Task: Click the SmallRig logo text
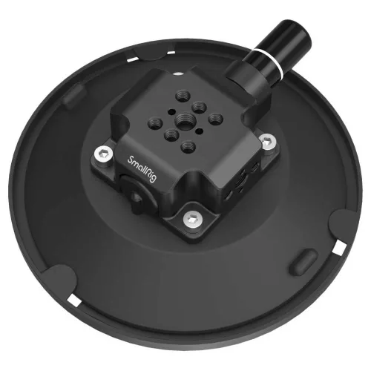coord(142,169)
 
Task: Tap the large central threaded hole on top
coord(185,120)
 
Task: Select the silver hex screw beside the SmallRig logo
coord(104,155)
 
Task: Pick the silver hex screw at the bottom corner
coord(193,219)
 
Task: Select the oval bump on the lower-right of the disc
coord(303,260)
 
